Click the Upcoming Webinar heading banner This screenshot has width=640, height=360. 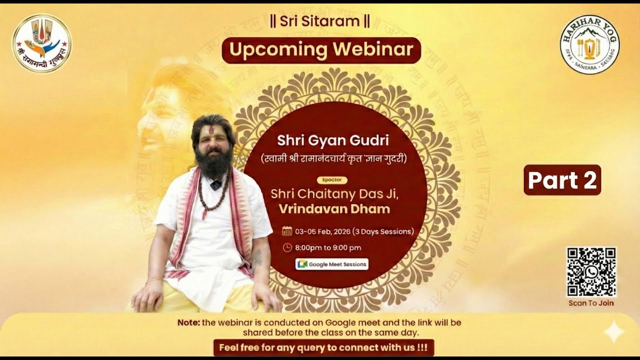pyautogui.click(x=321, y=50)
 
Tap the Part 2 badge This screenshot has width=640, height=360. pyautogui.click(x=562, y=180)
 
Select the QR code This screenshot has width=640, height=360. pyautogui.click(x=591, y=272)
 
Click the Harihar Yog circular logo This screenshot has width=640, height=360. pyautogui.click(x=589, y=44)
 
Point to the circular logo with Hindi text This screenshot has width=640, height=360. pyautogui.click(x=42, y=43)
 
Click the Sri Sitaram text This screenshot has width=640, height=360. pyautogui.click(x=319, y=21)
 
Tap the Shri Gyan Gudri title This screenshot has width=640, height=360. pyautogui.click(x=332, y=140)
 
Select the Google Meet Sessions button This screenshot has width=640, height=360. pyautogui.click(x=332, y=264)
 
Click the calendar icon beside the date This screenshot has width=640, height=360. pyautogui.click(x=287, y=231)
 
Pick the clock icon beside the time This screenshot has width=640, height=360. pyautogui.click(x=287, y=247)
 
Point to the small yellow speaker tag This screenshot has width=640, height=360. pyautogui.click(x=332, y=180)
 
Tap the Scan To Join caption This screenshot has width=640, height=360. pyautogui.click(x=591, y=303)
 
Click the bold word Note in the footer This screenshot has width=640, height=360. pyautogui.click(x=188, y=322)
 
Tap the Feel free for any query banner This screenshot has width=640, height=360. pyautogui.click(x=323, y=347)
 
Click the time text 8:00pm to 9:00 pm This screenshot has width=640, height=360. pyautogui.click(x=328, y=247)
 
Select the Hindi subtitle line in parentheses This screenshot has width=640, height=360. pyautogui.click(x=334, y=159)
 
